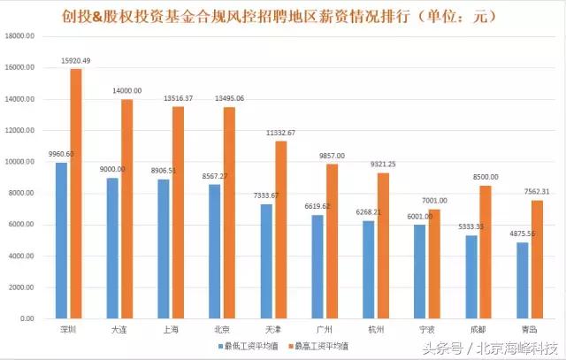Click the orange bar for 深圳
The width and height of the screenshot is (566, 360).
pyautogui.click(x=75, y=194)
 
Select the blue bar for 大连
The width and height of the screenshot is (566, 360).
pyautogui.click(x=112, y=249)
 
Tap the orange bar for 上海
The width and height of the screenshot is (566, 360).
pyautogui.click(x=178, y=212)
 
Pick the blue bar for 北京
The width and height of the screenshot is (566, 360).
pyautogui.click(x=215, y=251)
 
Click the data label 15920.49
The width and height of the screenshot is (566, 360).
pyautogui.click(x=75, y=60)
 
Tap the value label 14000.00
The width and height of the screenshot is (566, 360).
pyautogui.click(x=126, y=90)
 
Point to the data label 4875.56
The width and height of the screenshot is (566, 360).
pyautogui.click(x=522, y=234)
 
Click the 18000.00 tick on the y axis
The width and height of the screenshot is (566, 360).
pyautogui.click(x=20, y=36)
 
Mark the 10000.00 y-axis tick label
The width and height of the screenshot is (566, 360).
pyautogui.click(x=20, y=162)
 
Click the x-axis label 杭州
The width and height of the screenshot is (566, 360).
pyautogui.click(x=375, y=329)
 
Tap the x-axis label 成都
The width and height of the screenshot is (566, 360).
pyautogui.click(x=478, y=329)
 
